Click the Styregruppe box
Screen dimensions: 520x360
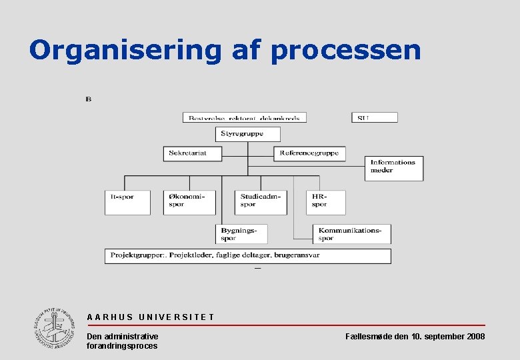(247, 134)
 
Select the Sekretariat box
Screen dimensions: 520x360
(191, 153)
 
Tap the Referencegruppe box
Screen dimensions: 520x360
(309, 153)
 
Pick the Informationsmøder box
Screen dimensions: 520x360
(394, 168)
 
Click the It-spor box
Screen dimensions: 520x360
(127, 202)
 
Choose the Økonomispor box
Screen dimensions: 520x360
(189, 202)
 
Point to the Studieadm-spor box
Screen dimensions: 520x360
(261, 202)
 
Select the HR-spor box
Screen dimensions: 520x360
(326, 202)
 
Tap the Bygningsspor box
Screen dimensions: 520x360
(242, 234)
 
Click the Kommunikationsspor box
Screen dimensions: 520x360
(352, 234)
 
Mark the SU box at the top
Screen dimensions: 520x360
(374, 117)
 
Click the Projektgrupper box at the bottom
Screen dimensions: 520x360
(247, 255)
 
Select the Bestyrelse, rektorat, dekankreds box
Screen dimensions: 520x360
(245, 117)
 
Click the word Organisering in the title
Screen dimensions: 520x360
(125, 50)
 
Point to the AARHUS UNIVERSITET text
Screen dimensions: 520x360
(151, 317)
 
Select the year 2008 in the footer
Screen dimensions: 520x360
(475, 337)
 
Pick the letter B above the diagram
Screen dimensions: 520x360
(89, 100)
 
